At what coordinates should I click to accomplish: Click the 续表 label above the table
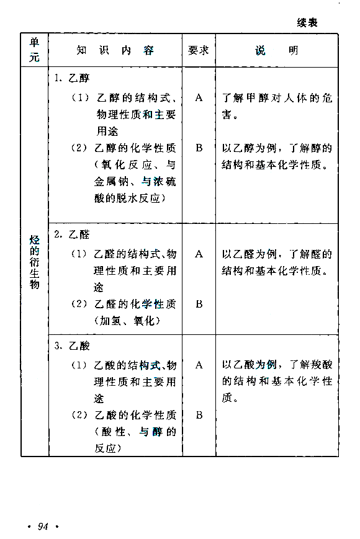pos(307,23)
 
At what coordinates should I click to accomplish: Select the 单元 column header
pos(34,50)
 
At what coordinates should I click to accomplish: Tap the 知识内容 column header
pos(115,50)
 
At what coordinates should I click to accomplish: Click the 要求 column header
pos(199,50)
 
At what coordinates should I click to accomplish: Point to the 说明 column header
pos(276,50)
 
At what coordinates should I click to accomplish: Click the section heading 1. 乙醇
pos(72,78)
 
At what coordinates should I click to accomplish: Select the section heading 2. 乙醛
pos(72,235)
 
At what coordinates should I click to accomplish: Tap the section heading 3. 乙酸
pos(72,346)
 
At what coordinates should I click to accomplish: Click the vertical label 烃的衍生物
pos(34,262)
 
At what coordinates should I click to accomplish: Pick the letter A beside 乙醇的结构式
pos(199,98)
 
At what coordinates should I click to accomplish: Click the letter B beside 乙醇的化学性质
pos(199,148)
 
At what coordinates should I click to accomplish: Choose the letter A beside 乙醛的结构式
pos(199,254)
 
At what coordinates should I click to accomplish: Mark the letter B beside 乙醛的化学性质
pos(199,304)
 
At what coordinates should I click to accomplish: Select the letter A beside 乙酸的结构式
pos(199,365)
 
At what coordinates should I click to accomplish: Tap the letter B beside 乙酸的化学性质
pos(199,415)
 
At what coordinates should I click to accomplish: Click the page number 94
pos(43,526)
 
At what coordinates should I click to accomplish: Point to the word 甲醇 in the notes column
pos(257,98)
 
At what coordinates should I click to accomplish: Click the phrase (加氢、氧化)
pos(127,321)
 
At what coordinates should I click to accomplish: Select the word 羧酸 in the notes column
pos(322,365)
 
